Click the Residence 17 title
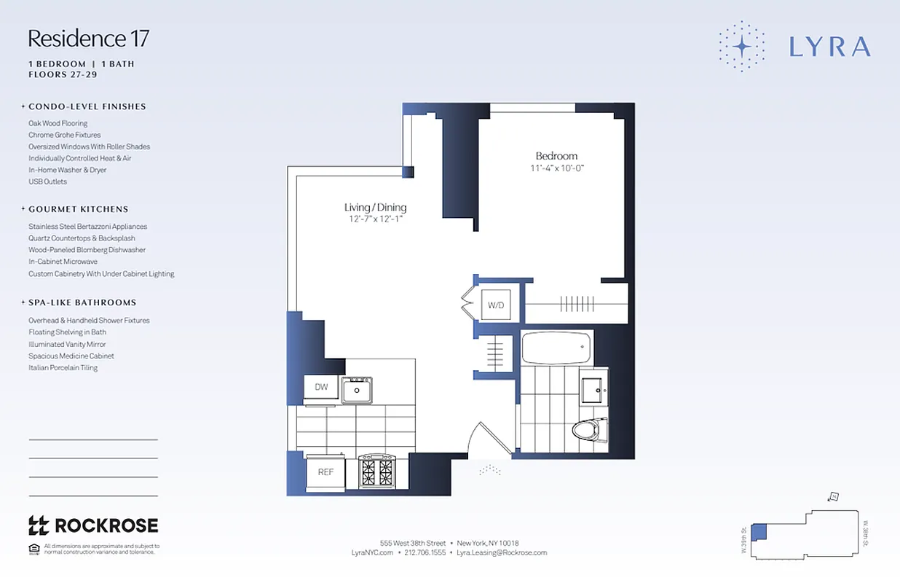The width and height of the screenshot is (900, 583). coord(88,38)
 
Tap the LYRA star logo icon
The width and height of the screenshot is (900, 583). coord(741,47)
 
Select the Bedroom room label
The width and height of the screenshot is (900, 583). coord(556,156)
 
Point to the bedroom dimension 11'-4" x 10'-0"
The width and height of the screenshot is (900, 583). coord(557,168)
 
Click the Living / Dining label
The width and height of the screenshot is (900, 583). coord(375,208)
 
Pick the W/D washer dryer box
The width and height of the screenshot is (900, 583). coord(496,305)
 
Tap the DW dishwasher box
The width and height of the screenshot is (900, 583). coord(321,387)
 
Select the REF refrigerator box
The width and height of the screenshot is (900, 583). coord(325,472)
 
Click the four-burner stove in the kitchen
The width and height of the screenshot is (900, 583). coord(376,472)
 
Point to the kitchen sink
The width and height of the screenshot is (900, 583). coord(357,390)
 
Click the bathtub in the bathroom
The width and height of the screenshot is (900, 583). coord(557,347)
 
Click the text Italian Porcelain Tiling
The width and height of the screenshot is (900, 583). coord(63,368)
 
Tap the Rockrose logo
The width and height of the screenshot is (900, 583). coord(93,525)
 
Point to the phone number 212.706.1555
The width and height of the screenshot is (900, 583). coord(425,553)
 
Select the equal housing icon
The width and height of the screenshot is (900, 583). coord(33,549)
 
